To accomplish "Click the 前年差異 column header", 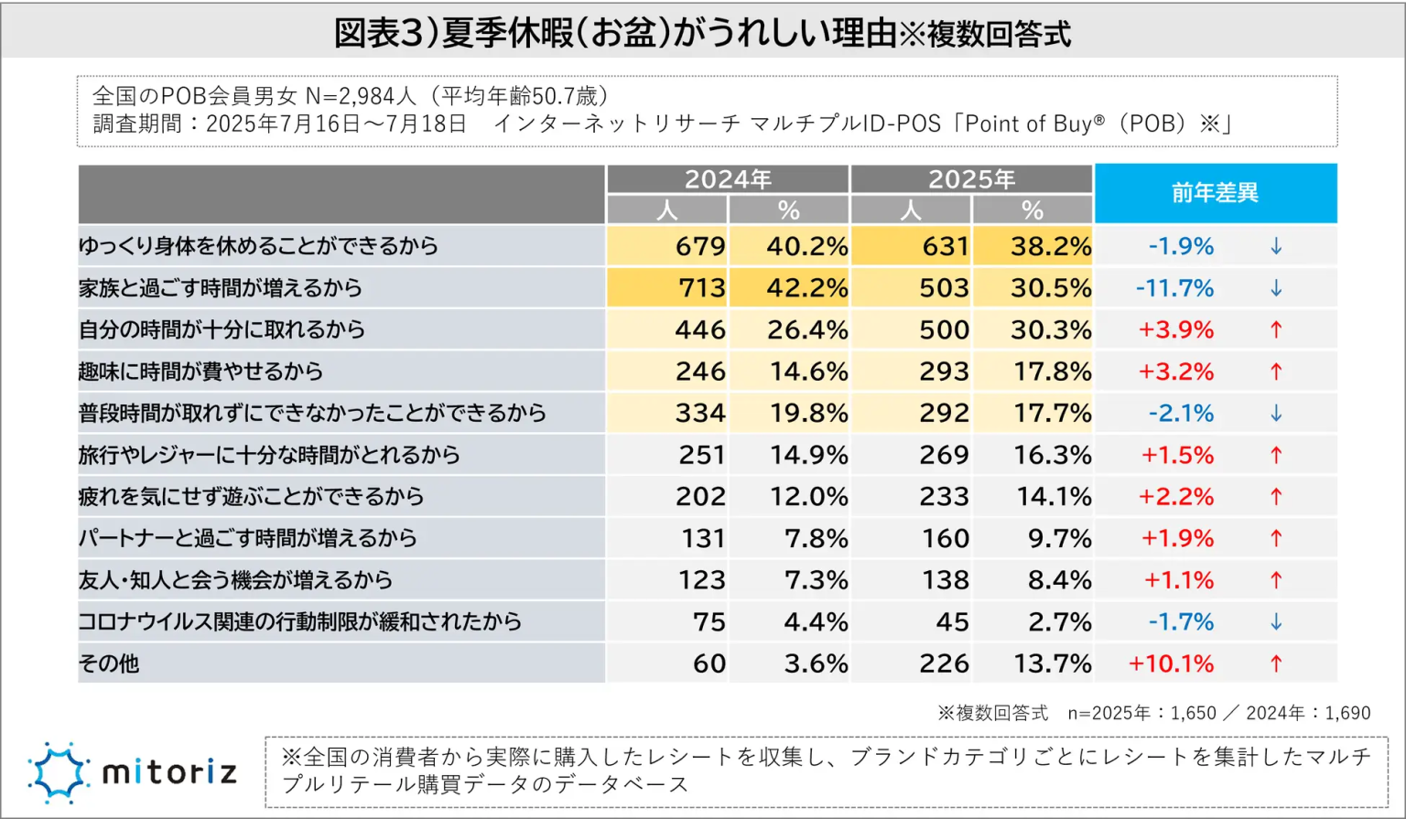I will tap(1215, 193).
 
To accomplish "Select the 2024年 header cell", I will tap(728, 179).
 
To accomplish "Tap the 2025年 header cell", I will tap(971, 179).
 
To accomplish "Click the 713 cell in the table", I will tap(702, 288).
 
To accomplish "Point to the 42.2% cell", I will tap(806, 288).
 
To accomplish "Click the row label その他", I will tap(109, 663).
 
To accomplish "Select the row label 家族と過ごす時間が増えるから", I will tap(221, 288).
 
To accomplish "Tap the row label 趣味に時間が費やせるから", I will tap(200, 372).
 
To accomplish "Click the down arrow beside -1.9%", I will tap(1276, 246).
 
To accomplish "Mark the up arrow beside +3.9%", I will tap(1276, 329).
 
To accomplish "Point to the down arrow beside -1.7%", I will tap(1276, 622).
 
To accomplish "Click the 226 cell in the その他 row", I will tap(944, 663).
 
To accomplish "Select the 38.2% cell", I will tap(1051, 246).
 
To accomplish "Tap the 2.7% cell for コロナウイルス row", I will tap(1059, 622).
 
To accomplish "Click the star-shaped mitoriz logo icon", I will tap(59, 772).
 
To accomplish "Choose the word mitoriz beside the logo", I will tap(169, 772).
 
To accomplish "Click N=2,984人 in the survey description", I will tap(362, 96).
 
